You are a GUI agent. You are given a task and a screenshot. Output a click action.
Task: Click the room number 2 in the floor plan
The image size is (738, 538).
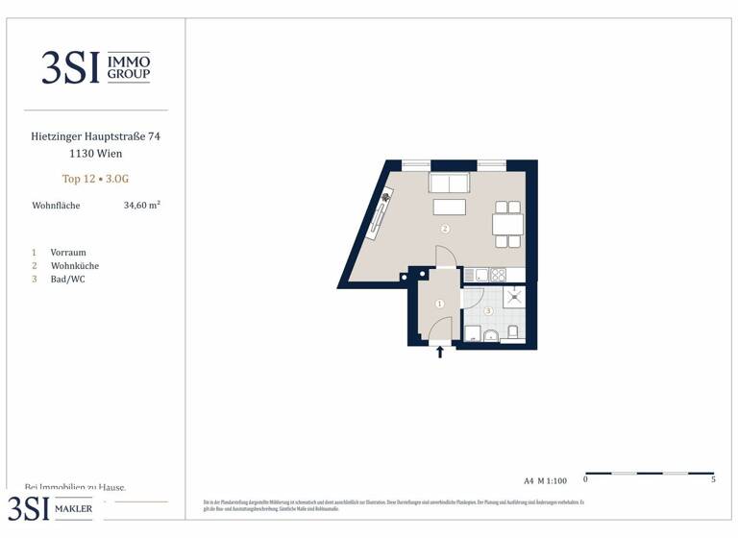point(445,230)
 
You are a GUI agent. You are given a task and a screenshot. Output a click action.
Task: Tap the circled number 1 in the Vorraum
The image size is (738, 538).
point(440,304)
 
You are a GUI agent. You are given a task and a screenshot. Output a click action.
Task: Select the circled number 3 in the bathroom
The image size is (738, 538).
point(488,310)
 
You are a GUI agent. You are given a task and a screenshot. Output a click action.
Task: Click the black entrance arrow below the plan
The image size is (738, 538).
point(441,353)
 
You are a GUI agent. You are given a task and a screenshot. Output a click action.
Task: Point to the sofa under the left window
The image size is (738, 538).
point(449,183)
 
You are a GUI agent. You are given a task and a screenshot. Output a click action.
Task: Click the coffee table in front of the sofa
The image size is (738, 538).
point(450,208)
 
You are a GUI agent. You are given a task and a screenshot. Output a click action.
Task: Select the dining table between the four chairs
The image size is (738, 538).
point(507,224)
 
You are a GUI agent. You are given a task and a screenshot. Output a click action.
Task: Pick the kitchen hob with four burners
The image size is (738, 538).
point(499,276)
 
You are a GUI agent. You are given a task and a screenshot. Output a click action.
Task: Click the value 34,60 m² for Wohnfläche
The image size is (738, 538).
point(141,206)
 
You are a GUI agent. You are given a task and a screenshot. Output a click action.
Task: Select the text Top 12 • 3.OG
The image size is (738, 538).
point(95,179)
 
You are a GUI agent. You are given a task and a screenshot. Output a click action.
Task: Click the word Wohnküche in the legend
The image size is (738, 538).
point(75,266)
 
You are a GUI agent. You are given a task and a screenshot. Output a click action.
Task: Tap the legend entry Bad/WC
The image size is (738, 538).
point(67,280)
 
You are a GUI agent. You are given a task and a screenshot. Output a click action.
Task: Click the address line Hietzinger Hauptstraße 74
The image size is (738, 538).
point(95,137)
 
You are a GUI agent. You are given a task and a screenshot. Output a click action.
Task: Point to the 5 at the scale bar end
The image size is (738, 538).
point(713,479)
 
